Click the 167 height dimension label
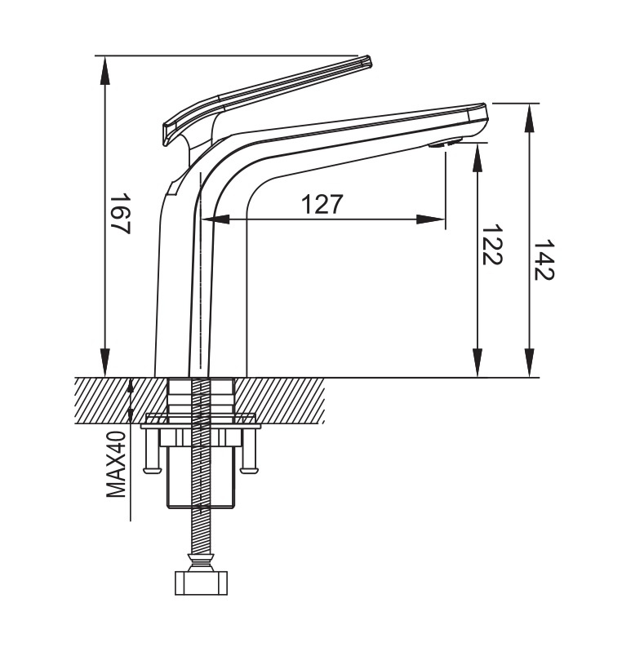[x=120, y=213]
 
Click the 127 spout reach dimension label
[x=322, y=204]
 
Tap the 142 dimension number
[x=544, y=259]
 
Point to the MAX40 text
[x=116, y=464]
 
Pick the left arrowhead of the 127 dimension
[x=215, y=219]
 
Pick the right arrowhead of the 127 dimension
[x=431, y=219]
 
